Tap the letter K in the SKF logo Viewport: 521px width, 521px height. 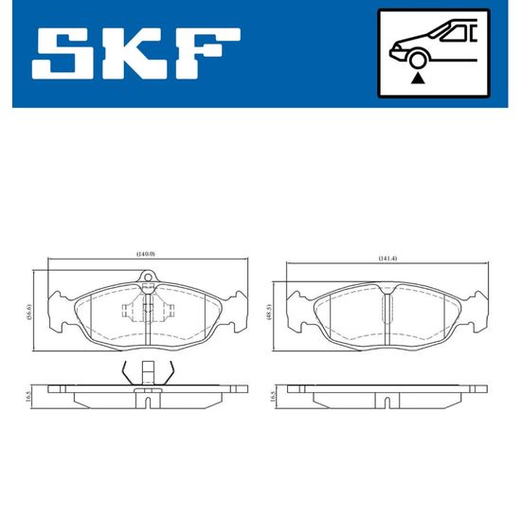pyautogui.click(x=130, y=53)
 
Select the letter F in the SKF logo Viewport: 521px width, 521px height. pyautogui.click(x=207, y=53)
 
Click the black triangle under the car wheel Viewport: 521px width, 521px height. pyautogui.click(x=418, y=79)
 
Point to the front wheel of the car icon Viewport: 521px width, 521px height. pyautogui.click(x=417, y=61)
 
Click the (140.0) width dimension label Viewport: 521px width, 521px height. pyautogui.click(x=146, y=254)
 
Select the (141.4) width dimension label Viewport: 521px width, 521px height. pyautogui.click(x=387, y=259)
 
